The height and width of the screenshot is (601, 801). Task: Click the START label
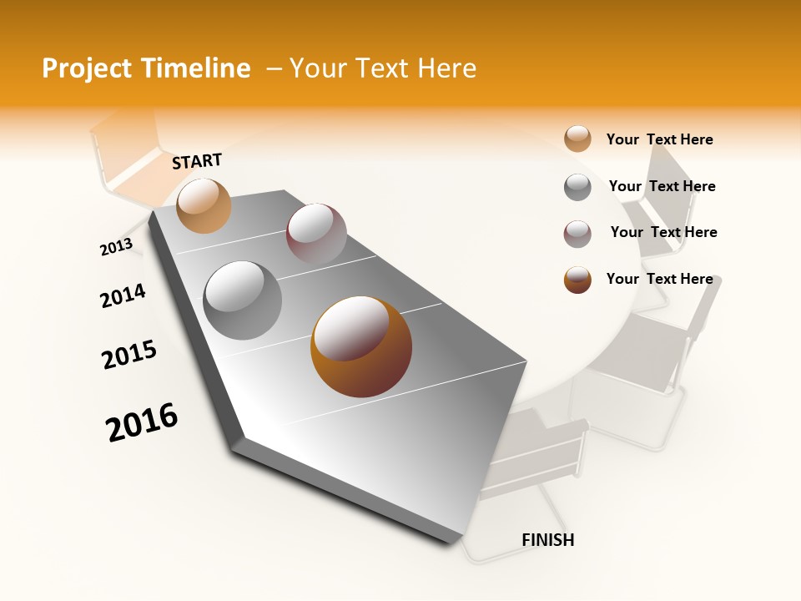tap(197, 161)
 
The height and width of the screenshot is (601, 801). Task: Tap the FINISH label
tap(547, 540)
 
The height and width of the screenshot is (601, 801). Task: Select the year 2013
tap(116, 247)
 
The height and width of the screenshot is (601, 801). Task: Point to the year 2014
tap(123, 295)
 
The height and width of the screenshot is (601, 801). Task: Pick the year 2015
tap(129, 355)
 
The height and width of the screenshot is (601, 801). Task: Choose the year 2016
tap(142, 422)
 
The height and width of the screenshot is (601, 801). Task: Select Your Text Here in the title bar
tap(383, 68)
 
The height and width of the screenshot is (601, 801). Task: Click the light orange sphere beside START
tap(204, 205)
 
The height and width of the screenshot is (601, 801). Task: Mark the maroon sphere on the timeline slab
tap(316, 233)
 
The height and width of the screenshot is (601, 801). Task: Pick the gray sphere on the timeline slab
tap(243, 300)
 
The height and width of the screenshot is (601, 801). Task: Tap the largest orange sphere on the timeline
tap(361, 346)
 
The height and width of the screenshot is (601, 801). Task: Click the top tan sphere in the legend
tap(577, 139)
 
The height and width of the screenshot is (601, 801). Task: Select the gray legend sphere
tap(577, 187)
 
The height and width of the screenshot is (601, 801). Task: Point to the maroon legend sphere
tap(577, 234)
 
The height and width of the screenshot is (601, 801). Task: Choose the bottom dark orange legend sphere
tap(577, 280)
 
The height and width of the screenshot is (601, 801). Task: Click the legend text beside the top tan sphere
tap(659, 139)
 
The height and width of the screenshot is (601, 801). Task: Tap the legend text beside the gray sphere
tap(662, 186)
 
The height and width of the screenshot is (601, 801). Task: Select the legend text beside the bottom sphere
tap(659, 279)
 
